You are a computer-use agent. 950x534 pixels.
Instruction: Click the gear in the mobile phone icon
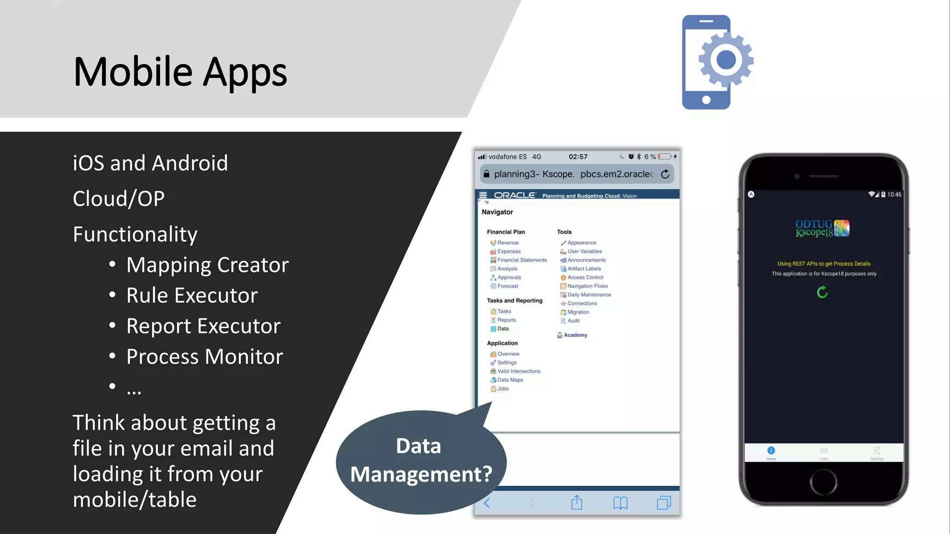click(x=726, y=59)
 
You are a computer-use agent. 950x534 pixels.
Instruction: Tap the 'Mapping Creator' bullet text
click(x=207, y=265)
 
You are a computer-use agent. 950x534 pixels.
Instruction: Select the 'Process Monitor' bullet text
click(x=205, y=357)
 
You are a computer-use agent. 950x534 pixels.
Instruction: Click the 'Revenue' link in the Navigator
click(x=508, y=243)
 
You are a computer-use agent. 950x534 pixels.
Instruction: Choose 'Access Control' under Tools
click(x=585, y=278)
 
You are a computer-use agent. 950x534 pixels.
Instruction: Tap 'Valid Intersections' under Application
click(x=519, y=371)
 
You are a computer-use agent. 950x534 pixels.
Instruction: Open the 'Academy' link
click(x=575, y=335)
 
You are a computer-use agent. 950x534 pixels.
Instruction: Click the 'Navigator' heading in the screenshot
click(x=497, y=212)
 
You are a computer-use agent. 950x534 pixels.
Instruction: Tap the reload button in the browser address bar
click(x=665, y=174)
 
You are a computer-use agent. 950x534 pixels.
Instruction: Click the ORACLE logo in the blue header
click(x=514, y=196)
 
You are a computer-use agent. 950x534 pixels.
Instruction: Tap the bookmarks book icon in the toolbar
click(x=620, y=503)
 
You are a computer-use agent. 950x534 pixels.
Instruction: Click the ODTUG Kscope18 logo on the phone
click(x=822, y=229)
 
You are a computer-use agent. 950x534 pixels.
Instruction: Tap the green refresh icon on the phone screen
click(x=822, y=292)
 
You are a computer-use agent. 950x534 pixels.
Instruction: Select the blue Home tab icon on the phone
click(x=771, y=451)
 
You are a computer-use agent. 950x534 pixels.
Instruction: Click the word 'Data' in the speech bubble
click(x=418, y=446)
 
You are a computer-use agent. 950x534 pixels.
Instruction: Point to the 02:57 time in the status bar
click(x=578, y=157)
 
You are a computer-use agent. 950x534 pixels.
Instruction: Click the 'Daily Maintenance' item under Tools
click(x=589, y=295)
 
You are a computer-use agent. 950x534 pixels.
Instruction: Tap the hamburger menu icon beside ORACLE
click(x=483, y=196)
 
